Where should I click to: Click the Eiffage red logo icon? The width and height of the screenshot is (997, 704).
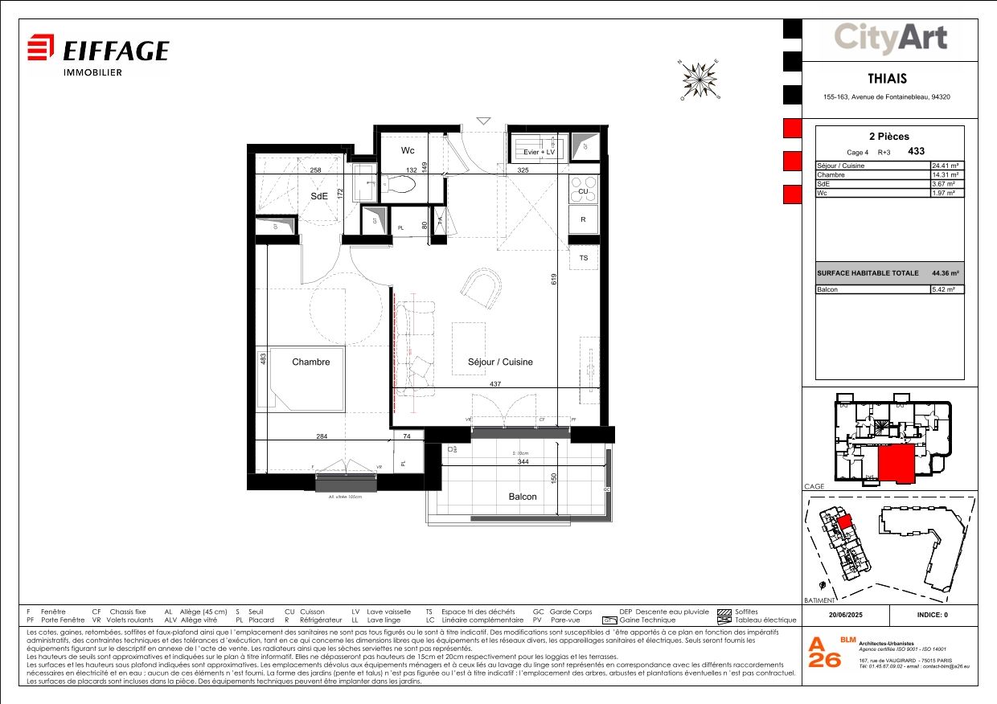(x=41, y=47)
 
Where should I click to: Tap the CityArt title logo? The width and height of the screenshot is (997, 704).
(x=890, y=38)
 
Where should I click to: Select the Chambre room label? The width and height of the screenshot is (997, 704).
(x=310, y=362)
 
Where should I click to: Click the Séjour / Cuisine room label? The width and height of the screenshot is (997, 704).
(x=500, y=362)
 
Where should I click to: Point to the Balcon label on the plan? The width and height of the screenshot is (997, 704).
(x=523, y=497)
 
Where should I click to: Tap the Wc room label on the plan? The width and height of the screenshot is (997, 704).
(x=408, y=150)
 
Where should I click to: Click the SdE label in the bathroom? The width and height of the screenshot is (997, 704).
(x=320, y=195)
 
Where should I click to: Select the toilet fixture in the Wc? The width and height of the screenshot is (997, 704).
(x=399, y=185)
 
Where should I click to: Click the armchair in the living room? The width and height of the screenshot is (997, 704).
(x=480, y=287)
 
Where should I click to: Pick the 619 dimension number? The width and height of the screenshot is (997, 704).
(x=554, y=279)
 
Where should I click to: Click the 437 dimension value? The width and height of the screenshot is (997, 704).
(x=495, y=384)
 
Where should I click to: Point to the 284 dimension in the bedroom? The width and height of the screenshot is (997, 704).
(x=322, y=436)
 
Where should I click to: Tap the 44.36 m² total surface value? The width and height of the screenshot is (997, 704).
(x=946, y=273)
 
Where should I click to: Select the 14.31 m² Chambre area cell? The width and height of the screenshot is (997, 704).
(x=946, y=174)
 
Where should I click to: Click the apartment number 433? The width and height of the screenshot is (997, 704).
(x=916, y=151)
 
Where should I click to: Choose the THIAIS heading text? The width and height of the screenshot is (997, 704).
(x=887, y=79)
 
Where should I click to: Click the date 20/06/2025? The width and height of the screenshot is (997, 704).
(x=845, y=615)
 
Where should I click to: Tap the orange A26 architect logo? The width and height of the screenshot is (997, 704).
(x=824, y=653)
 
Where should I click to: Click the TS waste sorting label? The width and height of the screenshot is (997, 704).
(x=583, y=258)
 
